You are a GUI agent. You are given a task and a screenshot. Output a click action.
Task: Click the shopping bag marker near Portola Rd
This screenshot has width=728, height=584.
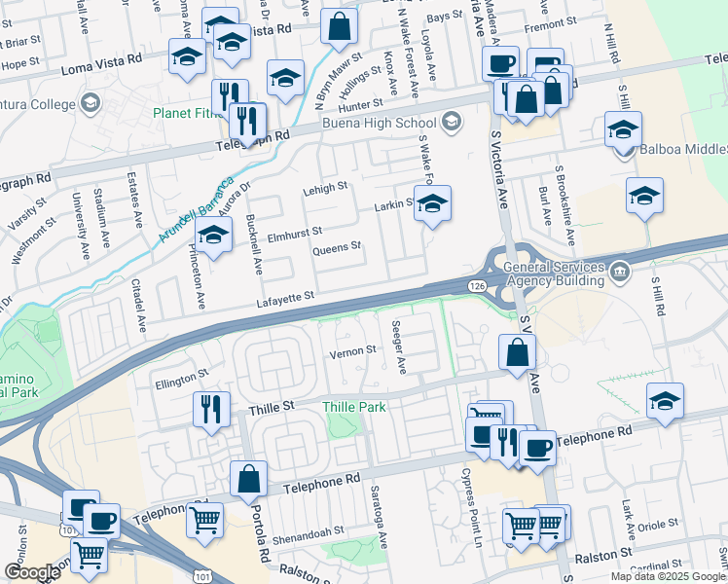249,479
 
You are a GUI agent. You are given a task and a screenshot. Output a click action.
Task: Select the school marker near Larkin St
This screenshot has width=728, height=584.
433,204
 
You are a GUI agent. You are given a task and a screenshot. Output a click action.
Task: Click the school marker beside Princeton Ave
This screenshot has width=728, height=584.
214,235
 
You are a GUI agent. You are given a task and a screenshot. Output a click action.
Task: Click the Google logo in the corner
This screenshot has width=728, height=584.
32,572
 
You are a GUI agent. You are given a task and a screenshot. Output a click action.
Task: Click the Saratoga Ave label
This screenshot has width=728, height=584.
382,526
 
